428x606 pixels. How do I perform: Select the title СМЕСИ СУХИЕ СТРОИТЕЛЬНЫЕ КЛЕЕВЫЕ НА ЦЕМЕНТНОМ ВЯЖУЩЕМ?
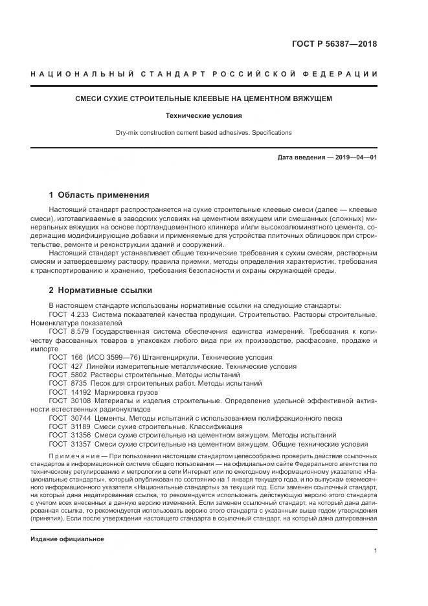[204, 100]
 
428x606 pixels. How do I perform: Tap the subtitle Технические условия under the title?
[204, 116]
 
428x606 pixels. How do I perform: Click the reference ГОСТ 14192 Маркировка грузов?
[97, 392]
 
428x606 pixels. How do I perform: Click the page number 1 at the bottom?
[375, 551]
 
